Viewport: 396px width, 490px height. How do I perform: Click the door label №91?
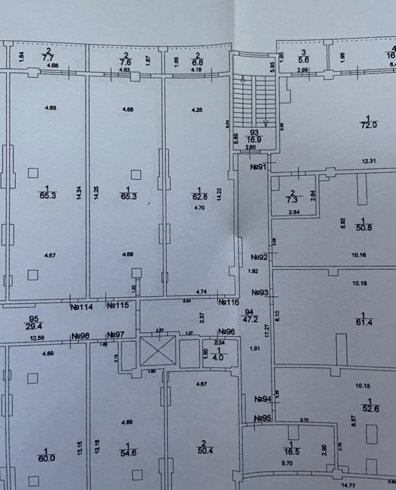[258, 167]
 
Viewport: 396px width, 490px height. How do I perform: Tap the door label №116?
[229, 302]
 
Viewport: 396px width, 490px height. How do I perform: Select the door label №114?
[82, 307]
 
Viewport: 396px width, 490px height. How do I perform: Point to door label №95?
[263, 418]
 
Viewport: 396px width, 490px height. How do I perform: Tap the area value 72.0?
[369, 125]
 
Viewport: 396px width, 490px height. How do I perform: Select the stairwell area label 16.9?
[254, 140]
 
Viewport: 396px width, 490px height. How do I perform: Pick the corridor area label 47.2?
[250, 319]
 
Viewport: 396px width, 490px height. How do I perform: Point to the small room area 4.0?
[218, 357]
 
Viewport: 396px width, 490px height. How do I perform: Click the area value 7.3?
[292, 200]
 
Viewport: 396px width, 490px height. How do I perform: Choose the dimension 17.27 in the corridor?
[267, 330]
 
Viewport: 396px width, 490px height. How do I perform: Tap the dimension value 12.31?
[368, 161]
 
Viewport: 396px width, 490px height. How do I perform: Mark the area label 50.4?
[205, 450]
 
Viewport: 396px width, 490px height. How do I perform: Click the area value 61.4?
[364, 322]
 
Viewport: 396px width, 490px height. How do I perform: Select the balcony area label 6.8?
[197, 62]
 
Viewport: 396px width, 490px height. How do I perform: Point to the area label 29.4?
[34, 326]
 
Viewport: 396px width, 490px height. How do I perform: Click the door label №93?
[260, 292]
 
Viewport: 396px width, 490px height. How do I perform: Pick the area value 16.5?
[292, 451]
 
